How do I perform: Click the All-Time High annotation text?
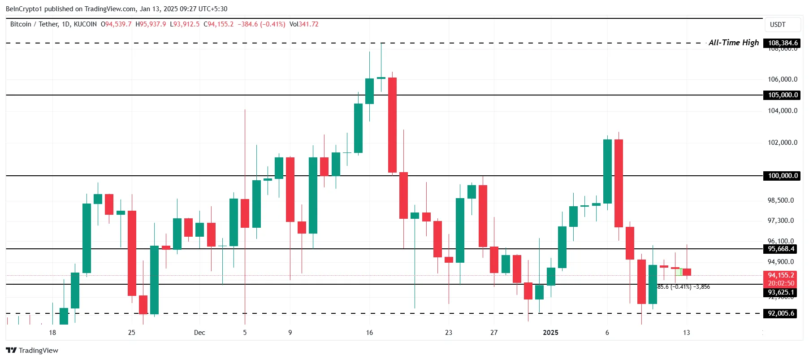click(x=733, y=43)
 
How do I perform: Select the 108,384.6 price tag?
click(x=783, y=43)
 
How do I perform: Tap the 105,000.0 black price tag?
click(x=783, y=95)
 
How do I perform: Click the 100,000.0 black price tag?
click(x=783, y=176)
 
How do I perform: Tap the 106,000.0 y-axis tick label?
click(x=783, y=79)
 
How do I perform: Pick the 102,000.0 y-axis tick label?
click(x=783, y=143)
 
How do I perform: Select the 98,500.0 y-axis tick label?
click(x=781, y=200)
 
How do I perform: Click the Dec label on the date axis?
click(x=199, y=333)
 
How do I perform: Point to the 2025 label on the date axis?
click(x=550, y=333)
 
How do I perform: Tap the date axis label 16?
click(x=369, y=333)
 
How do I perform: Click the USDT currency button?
click(x=778, y=25)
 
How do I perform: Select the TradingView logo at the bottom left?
click(x=32, y=351)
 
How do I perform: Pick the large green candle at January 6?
click(x=607, y=171)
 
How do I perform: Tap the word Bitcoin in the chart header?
click(x=21, y=24)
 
